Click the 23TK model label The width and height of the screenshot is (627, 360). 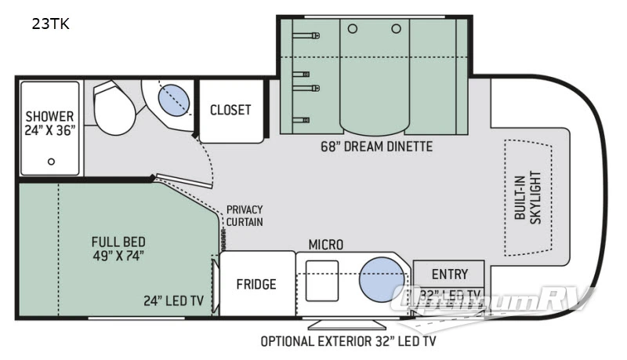50,24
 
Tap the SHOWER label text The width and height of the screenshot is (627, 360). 49,117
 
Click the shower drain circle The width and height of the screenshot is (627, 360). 51,162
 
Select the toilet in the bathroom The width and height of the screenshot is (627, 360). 114,110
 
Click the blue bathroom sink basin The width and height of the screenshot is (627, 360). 174,101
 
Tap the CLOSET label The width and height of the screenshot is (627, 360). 230,110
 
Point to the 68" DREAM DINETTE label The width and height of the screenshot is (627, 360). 375,146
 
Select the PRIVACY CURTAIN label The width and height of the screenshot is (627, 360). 245,216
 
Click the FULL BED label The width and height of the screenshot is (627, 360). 118,242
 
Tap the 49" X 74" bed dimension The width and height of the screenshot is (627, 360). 118,256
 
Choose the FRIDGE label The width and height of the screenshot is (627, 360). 256,284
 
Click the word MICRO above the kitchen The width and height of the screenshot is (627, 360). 324,245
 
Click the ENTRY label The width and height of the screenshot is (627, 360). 450,275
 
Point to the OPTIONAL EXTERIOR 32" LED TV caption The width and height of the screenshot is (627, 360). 349,341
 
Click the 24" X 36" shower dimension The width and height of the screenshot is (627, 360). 49,131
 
